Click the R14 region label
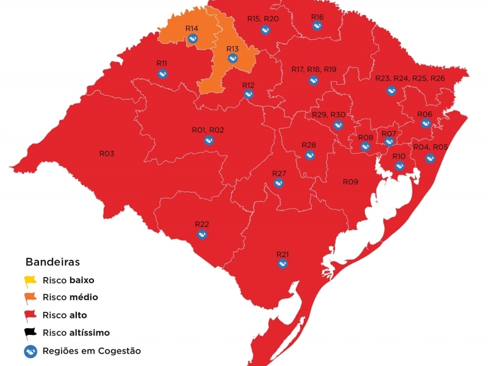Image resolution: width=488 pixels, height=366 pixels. point(192,29)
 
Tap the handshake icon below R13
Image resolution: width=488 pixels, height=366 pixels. point(232,59)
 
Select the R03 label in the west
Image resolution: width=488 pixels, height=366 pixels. point(107,154)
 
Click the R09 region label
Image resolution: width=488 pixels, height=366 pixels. point(350,182)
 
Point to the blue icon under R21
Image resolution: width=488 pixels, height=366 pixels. point(282,264)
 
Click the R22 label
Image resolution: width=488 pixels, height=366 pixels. point(202,224)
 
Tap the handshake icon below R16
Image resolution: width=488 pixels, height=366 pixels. point(317,26)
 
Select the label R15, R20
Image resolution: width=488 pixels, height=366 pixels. point(263,19)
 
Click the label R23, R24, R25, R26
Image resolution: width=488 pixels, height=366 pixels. point(410,79)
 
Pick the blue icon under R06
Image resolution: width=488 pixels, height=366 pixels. point(425,123)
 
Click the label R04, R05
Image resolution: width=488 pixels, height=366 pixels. point(431,147)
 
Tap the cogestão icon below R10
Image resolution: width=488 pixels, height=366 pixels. point(399,166)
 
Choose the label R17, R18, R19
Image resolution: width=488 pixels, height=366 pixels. point(314,70)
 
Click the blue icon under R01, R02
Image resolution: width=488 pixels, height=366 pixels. point(209,140)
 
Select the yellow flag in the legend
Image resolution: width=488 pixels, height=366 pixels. point(30,281)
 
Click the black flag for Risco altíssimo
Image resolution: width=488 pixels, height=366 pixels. point(30,333)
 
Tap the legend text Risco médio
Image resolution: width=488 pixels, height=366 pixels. point(70,297)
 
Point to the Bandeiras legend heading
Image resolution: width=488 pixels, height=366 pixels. point(52,262)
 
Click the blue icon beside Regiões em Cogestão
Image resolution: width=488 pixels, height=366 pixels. point(30,351)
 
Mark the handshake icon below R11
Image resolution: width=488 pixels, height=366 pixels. point(162,74)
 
